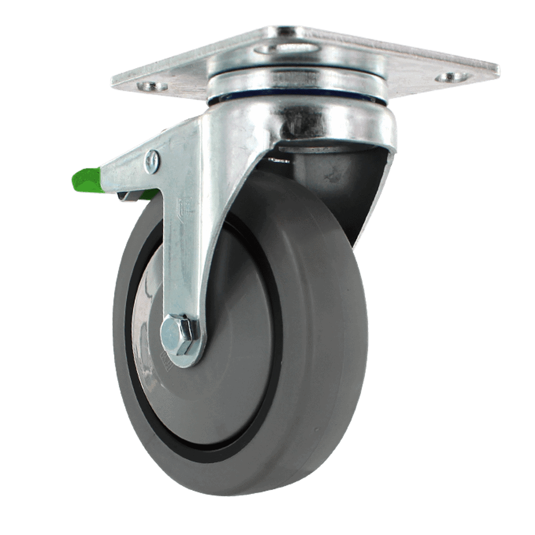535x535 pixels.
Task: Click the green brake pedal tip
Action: point(86,180)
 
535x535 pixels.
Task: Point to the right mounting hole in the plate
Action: point(452,77)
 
